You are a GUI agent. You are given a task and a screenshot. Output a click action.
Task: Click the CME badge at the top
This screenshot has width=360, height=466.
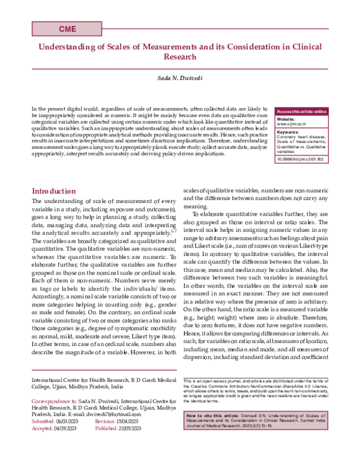tap(67, 29)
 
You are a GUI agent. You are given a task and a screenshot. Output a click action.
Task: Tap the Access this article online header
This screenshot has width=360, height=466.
tap(301, 112)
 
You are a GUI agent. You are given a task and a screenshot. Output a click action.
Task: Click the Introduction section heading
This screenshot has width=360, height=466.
tap(54, 190)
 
